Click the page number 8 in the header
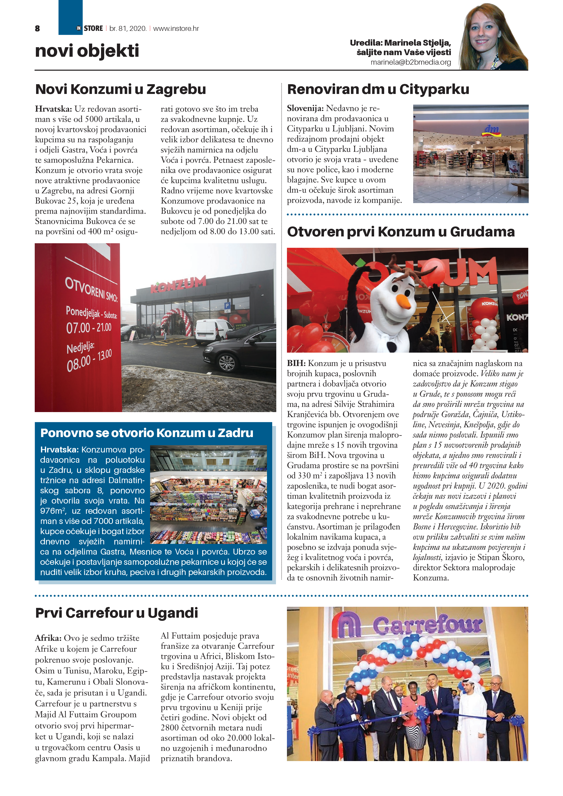point(37,28)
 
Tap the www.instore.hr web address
point(176,28)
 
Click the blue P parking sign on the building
point(227,306)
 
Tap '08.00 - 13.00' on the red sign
point(89,361)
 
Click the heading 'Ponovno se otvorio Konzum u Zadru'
point(147,433)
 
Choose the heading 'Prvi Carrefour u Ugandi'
point(116,613)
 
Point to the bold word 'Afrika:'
point(48,638)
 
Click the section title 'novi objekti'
point(87,51)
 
